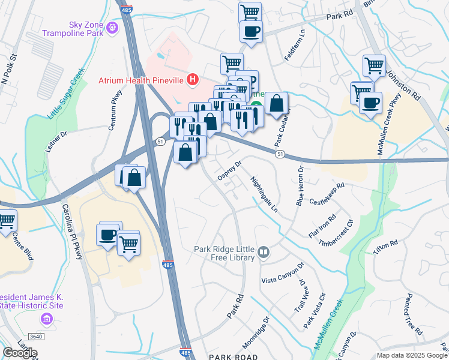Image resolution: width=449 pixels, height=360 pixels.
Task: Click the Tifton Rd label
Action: (x=385, y=247)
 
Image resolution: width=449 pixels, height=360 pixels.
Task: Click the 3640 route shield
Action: (x=36, y=337)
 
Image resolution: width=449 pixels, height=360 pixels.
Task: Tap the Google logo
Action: (x=20, y=352)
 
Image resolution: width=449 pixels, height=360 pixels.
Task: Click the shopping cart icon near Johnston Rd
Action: (x=374, y=65)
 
